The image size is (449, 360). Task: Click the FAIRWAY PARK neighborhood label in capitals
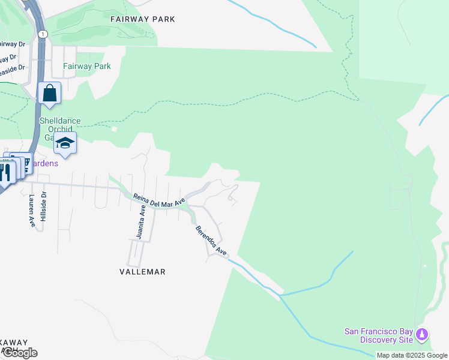143,19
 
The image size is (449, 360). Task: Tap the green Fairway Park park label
87,66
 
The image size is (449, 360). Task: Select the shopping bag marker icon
49,94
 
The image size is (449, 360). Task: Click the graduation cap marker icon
65,144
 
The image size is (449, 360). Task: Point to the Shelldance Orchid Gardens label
59,125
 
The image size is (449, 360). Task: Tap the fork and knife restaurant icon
5,172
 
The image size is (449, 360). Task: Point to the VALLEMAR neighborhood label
142,272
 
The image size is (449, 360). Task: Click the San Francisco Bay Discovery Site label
378,335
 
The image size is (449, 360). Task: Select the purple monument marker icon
422,334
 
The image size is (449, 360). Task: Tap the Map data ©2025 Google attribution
412,355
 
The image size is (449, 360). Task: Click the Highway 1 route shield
42,34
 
